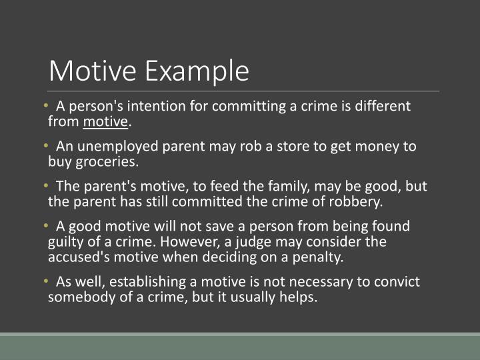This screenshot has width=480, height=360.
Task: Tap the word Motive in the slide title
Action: tap(94, 71)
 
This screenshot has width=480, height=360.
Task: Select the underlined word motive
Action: tap(105, 122)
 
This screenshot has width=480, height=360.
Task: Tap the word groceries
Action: tap(105, 162)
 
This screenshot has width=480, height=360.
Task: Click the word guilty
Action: tap(67, 242)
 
